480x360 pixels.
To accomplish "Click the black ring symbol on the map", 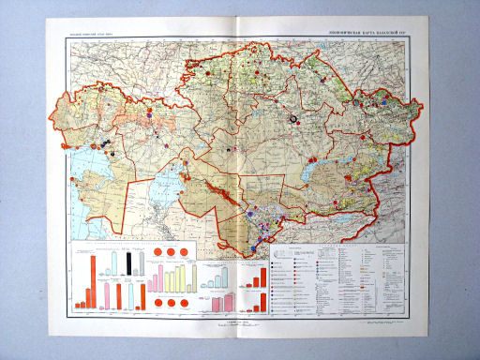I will (x=292, y=119).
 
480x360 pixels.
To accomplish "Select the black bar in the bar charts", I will (x=127, y=263).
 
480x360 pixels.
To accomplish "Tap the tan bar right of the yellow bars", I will (x=193, y=275).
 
